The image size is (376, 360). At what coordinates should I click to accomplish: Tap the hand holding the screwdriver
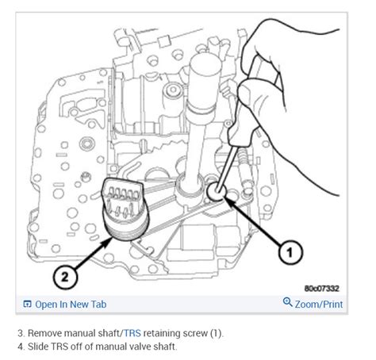pos(270,71)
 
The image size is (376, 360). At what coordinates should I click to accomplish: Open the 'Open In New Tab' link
pos(71,304)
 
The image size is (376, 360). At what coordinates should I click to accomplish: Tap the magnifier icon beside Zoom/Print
pos(287,303)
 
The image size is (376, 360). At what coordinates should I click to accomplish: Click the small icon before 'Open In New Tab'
pos(28,304)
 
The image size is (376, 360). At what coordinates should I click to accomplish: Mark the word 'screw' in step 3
pos(190,333)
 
